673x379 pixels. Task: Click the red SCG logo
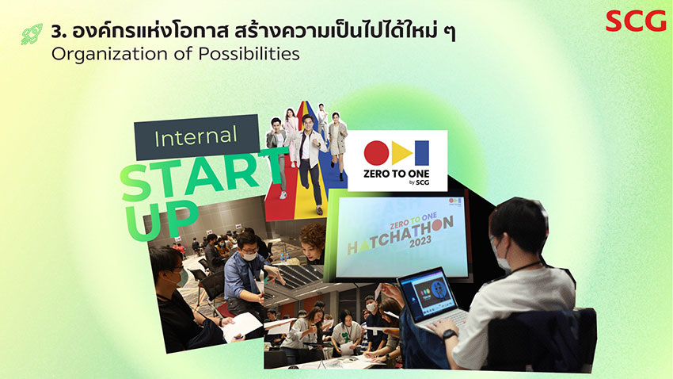tap(636, 21)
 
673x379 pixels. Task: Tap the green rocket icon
tap(32, 34)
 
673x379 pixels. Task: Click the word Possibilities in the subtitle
tap(249, 54)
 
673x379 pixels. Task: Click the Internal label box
tap(196, 137)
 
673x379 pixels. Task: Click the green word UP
tap(162, 219)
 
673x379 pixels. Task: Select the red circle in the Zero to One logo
tap(376, 153)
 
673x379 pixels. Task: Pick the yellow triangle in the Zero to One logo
tap(401, 153)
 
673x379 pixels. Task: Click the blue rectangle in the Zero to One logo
tap(422, 153)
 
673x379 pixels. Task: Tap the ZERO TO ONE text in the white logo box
tap(396, 174)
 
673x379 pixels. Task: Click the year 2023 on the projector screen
tap(420, 243)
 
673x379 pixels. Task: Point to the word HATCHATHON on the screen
tap(400, 235)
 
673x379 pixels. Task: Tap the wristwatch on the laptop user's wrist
tap(450, 334)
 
